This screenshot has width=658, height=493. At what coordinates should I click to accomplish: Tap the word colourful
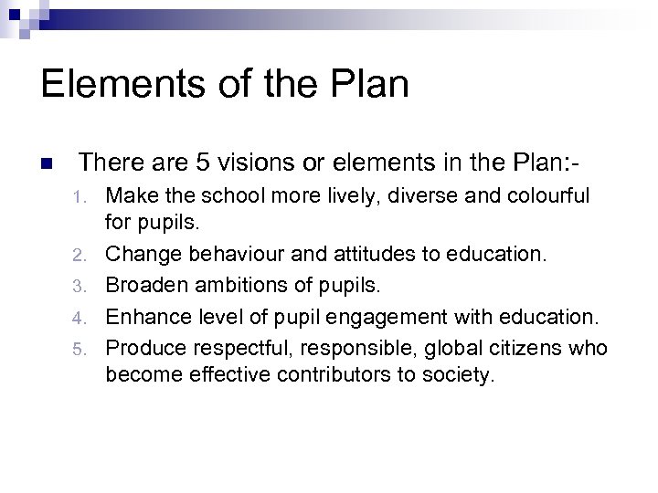point(546,195)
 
